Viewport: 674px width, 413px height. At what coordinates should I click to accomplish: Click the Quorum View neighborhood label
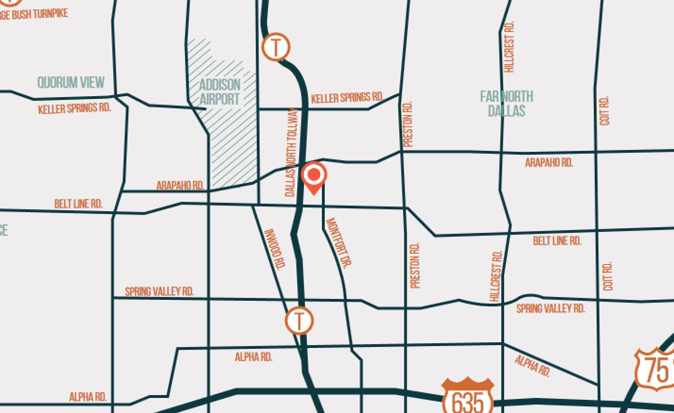pyautogui.click(x=71, y=82)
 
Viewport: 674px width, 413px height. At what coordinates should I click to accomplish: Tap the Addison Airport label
pyautogui.click(x=220, y=92)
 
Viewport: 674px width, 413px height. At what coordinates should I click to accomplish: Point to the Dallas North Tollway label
pyautogui.click(x=291, y=152)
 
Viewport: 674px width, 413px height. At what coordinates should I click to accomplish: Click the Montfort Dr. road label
pyautogui.click(x=339, y=243)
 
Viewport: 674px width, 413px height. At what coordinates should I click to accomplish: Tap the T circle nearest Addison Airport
pyautogui.click(x=276, y=47)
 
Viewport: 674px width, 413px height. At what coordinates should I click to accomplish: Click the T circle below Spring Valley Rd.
pyautogui.click(x=299, y=321)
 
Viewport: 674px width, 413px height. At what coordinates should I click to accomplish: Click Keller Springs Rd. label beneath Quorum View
pyautogui.click(x=74, y=108)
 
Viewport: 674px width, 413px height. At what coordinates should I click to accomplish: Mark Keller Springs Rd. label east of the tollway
pyautogui.click(x=347, y=98)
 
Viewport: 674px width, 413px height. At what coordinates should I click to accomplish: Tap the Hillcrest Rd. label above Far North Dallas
pyautogui.click(x=509, y=47)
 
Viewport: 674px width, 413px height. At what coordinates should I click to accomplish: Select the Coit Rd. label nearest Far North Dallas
pyautogui.click(x=604, y=111)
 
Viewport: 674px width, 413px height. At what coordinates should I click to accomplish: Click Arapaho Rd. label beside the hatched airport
pyautogui.click(x=180, y=186)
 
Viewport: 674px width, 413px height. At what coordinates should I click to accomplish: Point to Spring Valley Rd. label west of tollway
pyautogui.click(x=160, y=292)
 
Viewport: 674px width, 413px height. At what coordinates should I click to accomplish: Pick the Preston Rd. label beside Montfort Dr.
pyautogui.click(x=415, y=265)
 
